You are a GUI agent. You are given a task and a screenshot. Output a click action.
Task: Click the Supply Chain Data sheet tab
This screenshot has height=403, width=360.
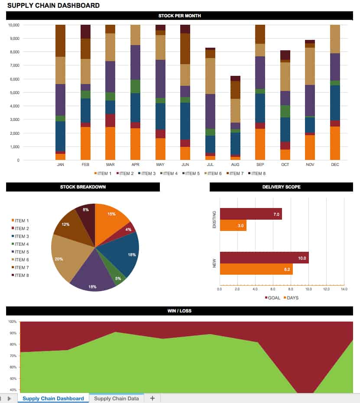click(x=116, y=399)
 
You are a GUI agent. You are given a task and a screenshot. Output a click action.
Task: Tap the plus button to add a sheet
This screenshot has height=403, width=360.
click(x=152, y=399)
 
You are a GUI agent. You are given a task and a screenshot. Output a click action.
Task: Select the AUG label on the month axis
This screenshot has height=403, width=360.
click(x=235, y=165)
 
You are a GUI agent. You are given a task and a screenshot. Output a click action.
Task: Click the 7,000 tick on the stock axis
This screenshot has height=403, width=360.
click(x=14, y=65)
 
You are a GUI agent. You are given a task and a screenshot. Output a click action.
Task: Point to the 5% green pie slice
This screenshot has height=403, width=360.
click(x=119, y=277)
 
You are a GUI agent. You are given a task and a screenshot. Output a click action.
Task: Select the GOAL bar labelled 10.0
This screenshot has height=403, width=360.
click(x=264, y=258)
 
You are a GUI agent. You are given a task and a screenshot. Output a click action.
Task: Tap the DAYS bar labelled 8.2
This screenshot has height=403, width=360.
click(x=256, y=269)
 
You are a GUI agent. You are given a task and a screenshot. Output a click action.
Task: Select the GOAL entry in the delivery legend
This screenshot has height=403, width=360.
click(x=272, y=298)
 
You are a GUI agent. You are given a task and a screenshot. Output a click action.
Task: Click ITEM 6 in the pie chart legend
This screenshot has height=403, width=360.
click(x=22, y=260)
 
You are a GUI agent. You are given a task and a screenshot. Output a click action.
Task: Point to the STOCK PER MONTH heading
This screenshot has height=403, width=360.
click(x=179, y=16)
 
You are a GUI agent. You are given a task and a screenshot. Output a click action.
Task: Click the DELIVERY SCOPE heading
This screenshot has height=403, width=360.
click(x=281, y=187)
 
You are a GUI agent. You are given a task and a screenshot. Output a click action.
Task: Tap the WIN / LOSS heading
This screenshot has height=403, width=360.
click(x=179, y=311)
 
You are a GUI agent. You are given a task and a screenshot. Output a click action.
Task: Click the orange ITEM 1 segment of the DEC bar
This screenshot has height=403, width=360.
click(x=335, y=143)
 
